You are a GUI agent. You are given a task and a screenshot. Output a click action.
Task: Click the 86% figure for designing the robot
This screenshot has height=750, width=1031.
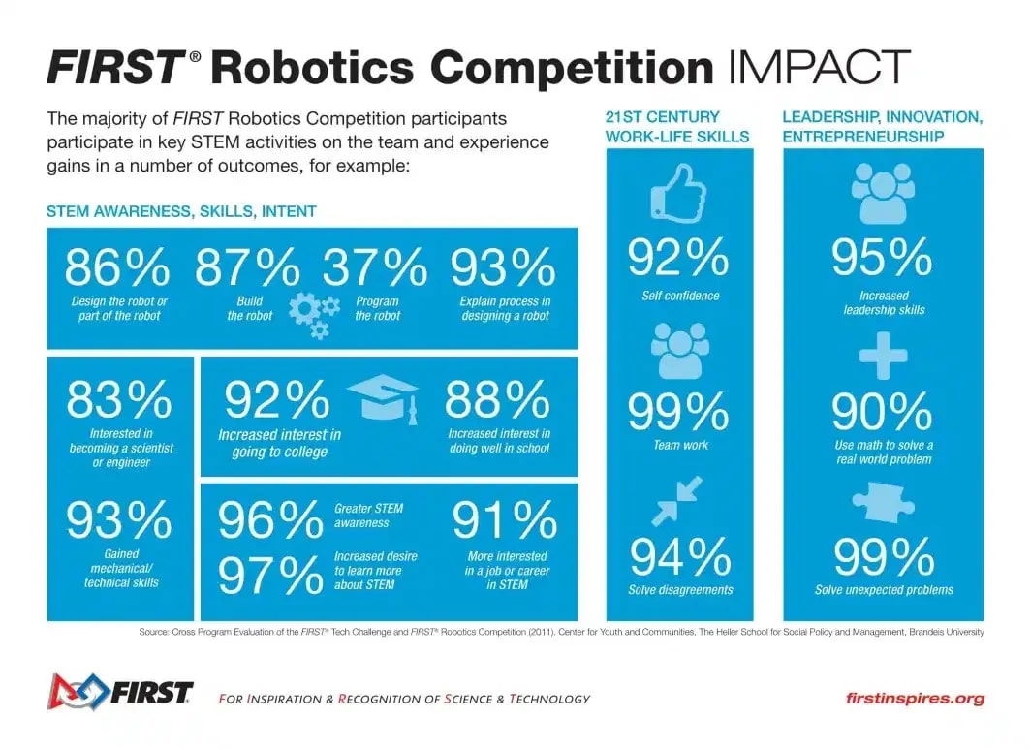click(116, 267)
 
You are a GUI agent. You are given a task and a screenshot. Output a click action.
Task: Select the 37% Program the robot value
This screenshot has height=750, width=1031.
click(375, 267)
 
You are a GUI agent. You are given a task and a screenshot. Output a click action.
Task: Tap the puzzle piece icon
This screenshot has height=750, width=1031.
click(883, 505)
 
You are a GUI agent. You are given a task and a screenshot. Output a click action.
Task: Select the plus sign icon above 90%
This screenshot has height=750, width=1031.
click(883, 357)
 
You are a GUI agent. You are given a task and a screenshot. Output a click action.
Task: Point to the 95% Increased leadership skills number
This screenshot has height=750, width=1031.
click(883, 258)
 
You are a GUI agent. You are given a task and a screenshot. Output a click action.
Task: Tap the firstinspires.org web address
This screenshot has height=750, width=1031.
click(915, 698)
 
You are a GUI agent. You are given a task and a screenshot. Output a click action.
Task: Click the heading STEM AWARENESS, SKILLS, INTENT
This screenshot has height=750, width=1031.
click(181, 210)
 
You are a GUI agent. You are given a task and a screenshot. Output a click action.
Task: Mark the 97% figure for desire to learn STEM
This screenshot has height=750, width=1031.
click(271, 576)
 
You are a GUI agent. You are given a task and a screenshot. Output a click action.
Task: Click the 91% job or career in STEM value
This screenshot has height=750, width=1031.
click(504, 521)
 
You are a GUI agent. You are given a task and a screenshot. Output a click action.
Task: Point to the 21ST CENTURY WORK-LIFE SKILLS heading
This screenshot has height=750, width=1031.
click(677, 127)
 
